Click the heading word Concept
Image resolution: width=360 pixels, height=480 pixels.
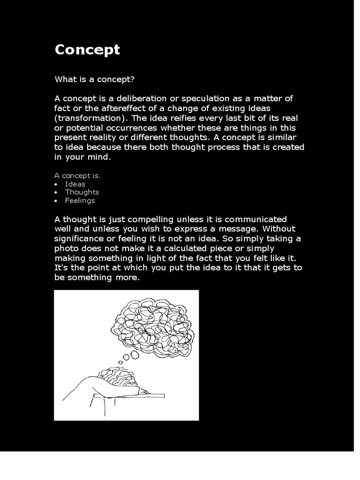(87, 50)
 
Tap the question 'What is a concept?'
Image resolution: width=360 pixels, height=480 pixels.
(95, 79)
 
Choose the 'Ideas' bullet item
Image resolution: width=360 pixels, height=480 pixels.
(75, 184)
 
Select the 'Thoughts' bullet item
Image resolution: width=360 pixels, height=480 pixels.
(82, 192)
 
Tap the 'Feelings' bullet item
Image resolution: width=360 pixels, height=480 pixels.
(80, 201)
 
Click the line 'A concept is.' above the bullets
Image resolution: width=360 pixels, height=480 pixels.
(78, 176)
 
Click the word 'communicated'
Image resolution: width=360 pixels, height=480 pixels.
(260, 219)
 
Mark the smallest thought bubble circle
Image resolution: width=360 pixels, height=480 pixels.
(120, 362)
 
